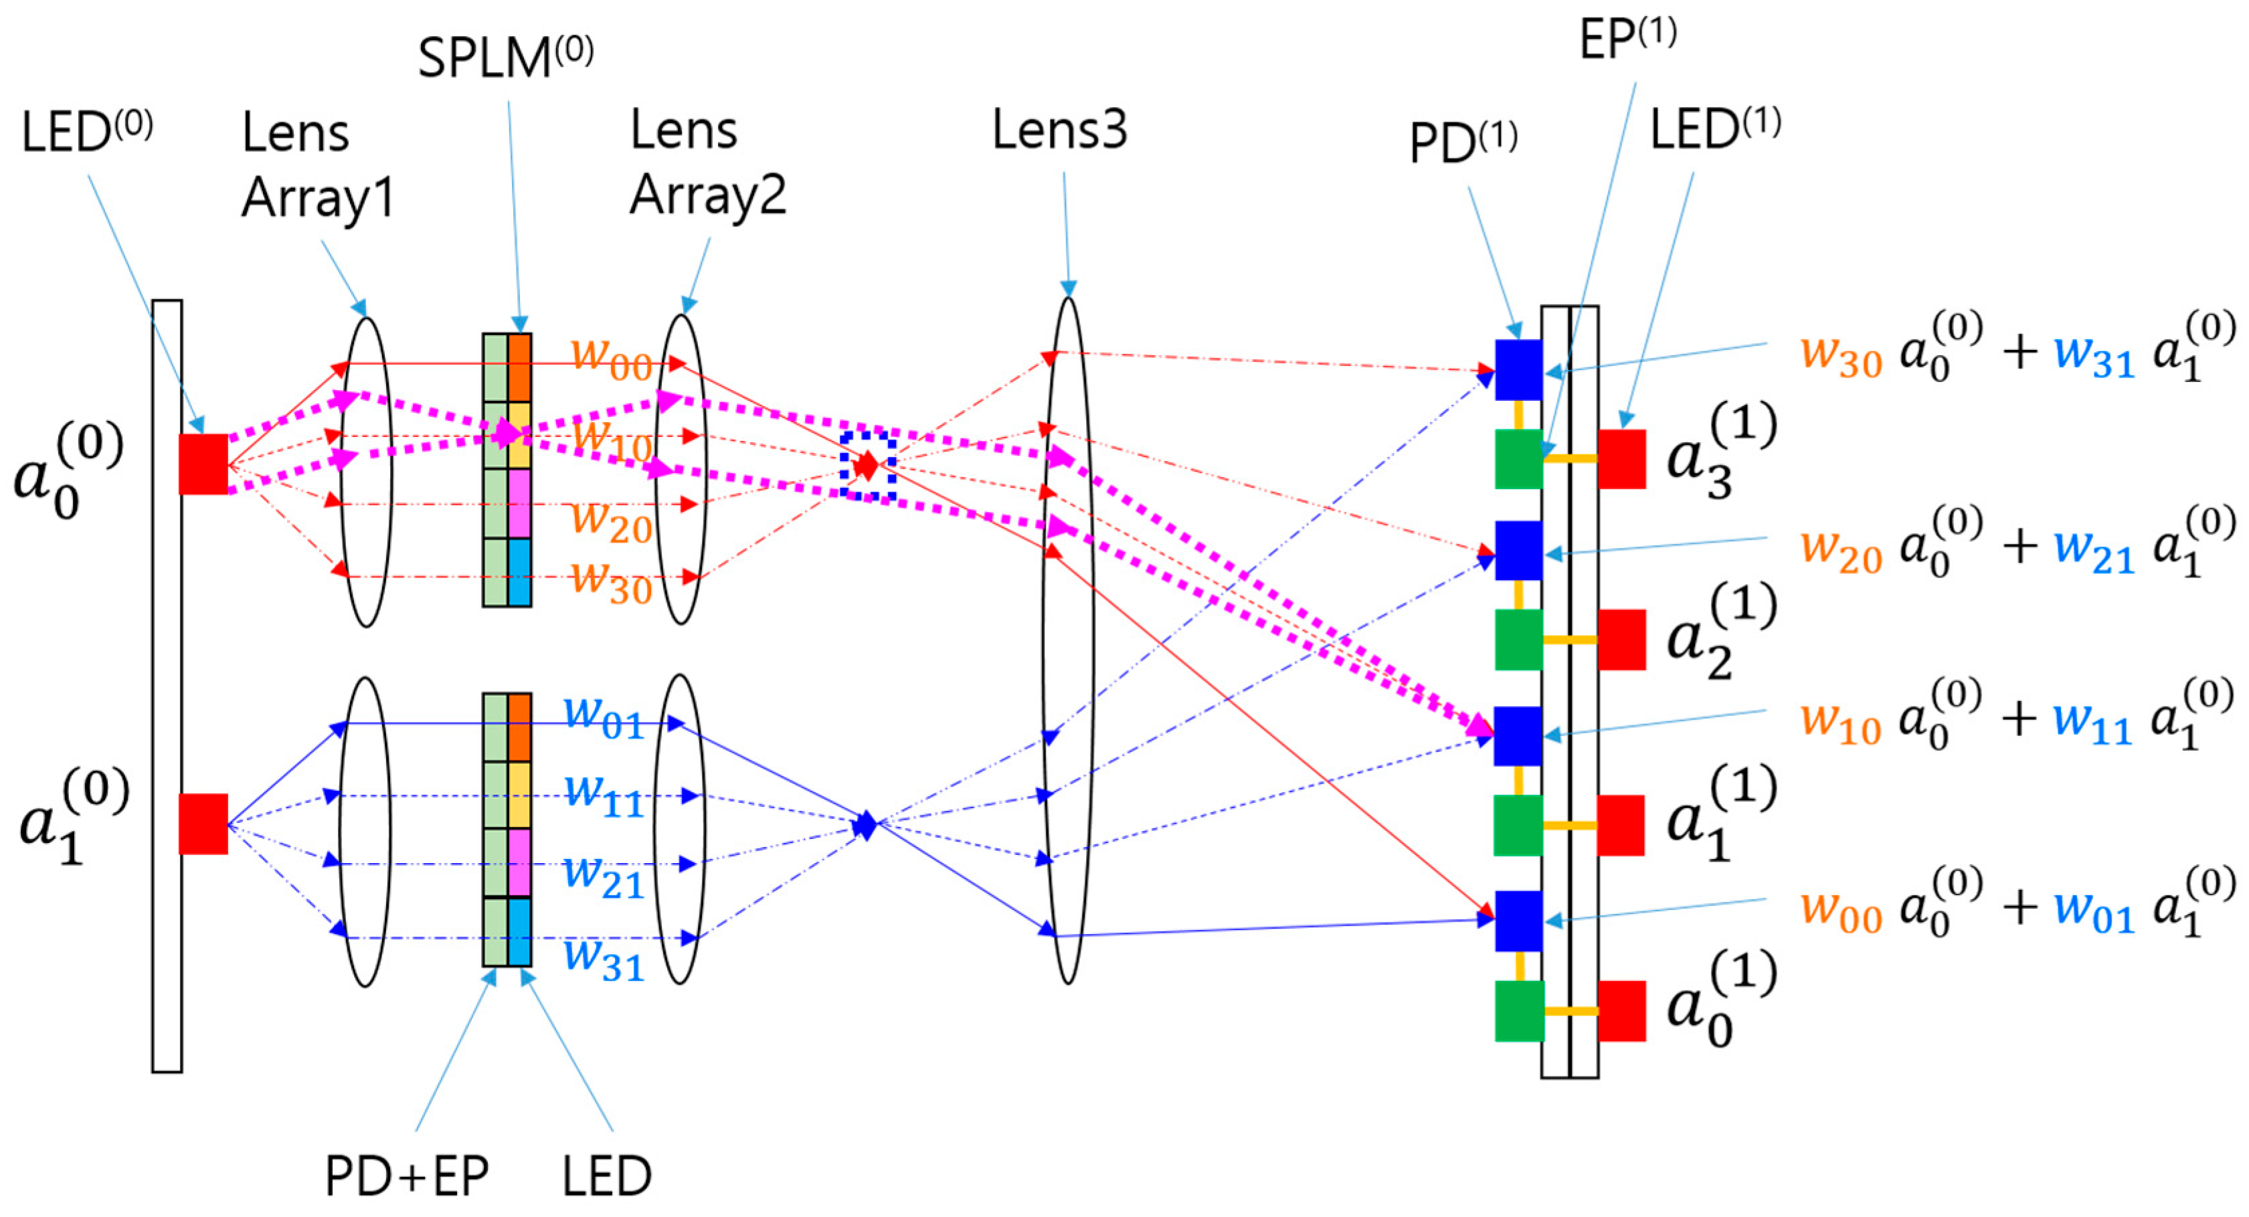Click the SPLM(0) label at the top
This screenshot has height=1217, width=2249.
(x=505, y=58)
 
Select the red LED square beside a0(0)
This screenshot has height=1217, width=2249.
(x=203, y=464)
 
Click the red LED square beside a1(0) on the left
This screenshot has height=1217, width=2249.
(x=203, y=823)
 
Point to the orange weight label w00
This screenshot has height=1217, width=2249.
(x=611, y=358)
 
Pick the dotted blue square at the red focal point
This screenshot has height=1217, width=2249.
(x=868, y=466)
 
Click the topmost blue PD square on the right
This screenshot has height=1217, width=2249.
(x=1518, y=370)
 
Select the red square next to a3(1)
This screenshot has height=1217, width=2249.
(x=1621, y=459)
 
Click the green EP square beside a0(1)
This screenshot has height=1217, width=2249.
(x=1519, y=1011)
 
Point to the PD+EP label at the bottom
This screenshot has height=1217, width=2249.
(x=407, y=1176)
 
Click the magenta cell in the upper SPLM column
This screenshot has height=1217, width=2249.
(x=519, y=504)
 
